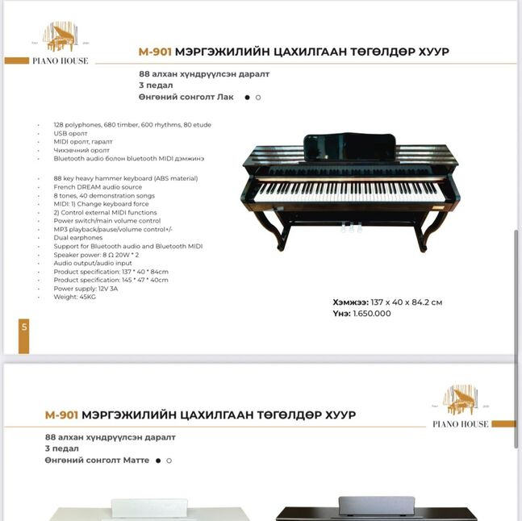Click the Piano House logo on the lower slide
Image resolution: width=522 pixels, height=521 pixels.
coord(461,406)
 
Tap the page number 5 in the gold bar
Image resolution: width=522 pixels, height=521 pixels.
coord(24,327)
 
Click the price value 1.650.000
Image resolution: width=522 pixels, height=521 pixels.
coord(372,313)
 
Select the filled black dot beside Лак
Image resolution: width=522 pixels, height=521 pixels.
coord(246,97)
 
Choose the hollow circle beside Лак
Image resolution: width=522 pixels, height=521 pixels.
coord(258,97)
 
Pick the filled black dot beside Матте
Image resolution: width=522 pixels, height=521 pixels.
coord(158,461)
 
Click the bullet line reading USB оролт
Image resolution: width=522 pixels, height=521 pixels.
coord(71,133)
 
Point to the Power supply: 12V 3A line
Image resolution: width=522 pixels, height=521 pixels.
coord(86,289)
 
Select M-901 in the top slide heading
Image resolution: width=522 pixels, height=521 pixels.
coord(155,52)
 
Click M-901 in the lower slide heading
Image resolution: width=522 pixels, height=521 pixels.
coord(61,415)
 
